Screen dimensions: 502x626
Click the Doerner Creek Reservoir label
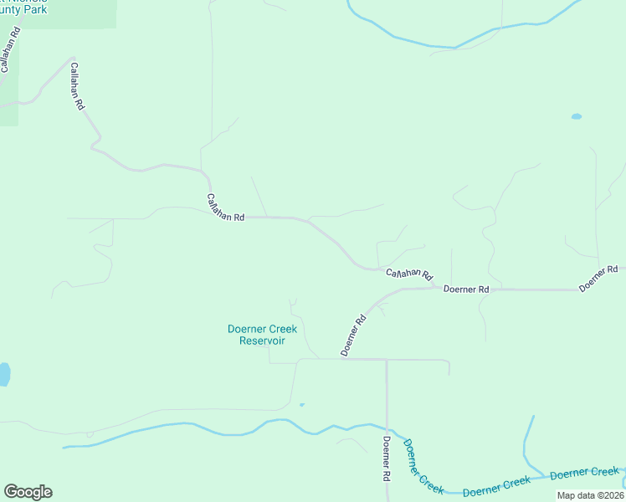262,335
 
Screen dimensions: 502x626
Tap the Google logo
28,492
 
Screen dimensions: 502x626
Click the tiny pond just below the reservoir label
301,405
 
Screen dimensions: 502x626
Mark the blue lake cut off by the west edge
3,374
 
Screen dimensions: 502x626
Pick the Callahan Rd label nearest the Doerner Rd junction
408,274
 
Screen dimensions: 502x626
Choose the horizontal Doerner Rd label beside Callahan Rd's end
466,289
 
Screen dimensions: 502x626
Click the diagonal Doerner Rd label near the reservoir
354,335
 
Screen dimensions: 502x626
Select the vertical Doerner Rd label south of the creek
387,458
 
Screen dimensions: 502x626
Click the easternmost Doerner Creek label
585,473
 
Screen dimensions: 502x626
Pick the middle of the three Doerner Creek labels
496,485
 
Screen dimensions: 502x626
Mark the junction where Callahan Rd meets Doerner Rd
434,287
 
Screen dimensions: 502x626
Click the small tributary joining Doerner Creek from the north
527,443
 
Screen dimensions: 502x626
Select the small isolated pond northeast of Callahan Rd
576,116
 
